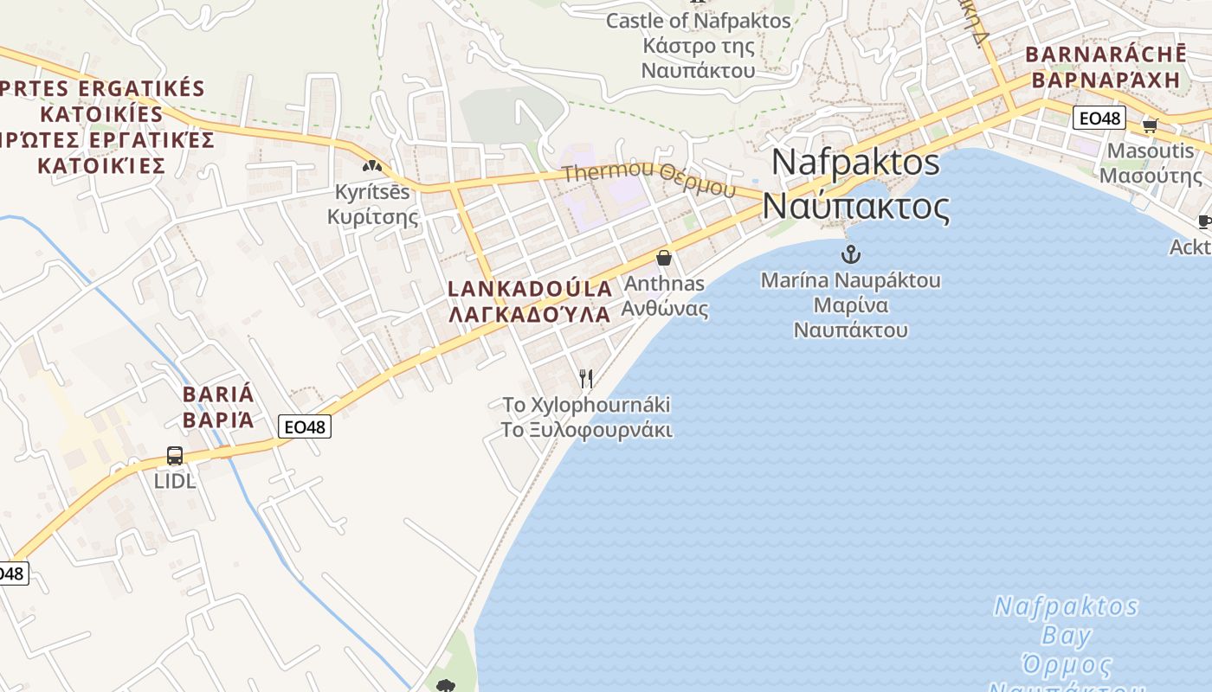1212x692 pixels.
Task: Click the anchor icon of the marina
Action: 851,254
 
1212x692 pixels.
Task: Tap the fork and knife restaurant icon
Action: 586,378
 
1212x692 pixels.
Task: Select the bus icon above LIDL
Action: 175,456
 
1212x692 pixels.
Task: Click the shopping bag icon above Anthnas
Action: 664,258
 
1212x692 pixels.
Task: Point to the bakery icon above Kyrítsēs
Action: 372,166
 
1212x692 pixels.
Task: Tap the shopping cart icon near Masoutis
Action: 1151,126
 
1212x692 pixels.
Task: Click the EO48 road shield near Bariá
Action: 305,426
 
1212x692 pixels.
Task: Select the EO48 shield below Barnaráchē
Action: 1099,118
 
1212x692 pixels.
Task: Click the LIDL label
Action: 175,481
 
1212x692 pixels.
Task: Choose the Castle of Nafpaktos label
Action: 698,21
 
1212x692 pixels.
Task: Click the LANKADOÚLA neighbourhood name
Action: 530,289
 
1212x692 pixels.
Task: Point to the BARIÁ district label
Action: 219,394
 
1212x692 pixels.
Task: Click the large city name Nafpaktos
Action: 855,162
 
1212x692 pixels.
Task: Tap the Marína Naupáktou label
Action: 851,280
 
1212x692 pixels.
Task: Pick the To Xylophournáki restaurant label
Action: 587,405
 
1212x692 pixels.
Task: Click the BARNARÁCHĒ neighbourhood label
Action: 1106,54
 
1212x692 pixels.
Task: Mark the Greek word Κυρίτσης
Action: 372,217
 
